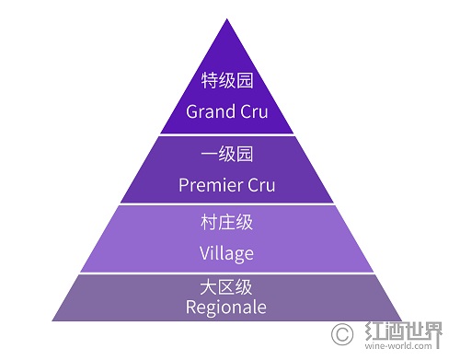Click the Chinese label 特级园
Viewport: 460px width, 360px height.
[x=226, y=82]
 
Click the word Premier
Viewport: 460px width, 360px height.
[x=208, y=185]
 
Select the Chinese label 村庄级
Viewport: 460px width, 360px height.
[x=226, y=223]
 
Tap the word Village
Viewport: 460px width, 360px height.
[x=226, y=252]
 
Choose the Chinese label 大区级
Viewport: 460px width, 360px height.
[x=226, y=288]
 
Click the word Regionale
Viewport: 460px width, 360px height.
[x=226, y=307]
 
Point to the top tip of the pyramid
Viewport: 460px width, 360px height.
[x=226, y=18]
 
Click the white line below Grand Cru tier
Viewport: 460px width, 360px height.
[x=226, y=134]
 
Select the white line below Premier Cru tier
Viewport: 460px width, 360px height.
[x=226, y=203]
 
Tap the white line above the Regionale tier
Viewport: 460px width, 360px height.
[x=226, y=273]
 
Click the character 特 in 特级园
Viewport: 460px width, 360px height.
[x=209, y=82]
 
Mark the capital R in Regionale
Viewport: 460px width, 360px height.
[x=191, y=306]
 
